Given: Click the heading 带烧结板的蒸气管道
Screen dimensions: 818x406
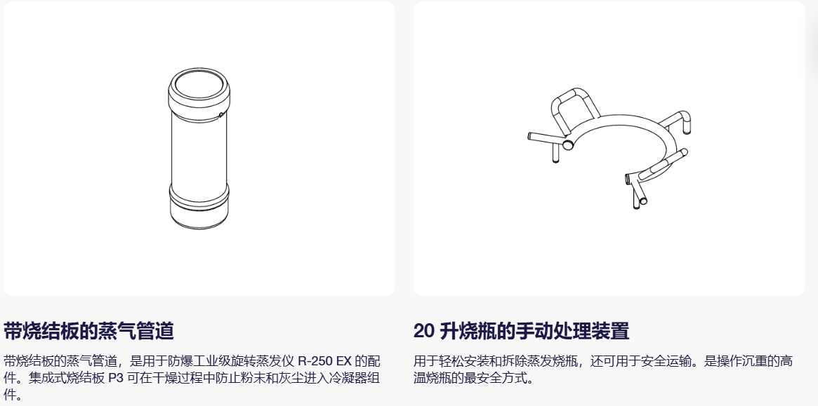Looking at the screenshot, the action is tap(88, 331).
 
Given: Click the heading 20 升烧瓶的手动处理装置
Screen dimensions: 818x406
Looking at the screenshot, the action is tap(521, 331).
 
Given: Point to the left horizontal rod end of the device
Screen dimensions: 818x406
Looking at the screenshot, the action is tap(531, 137).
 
